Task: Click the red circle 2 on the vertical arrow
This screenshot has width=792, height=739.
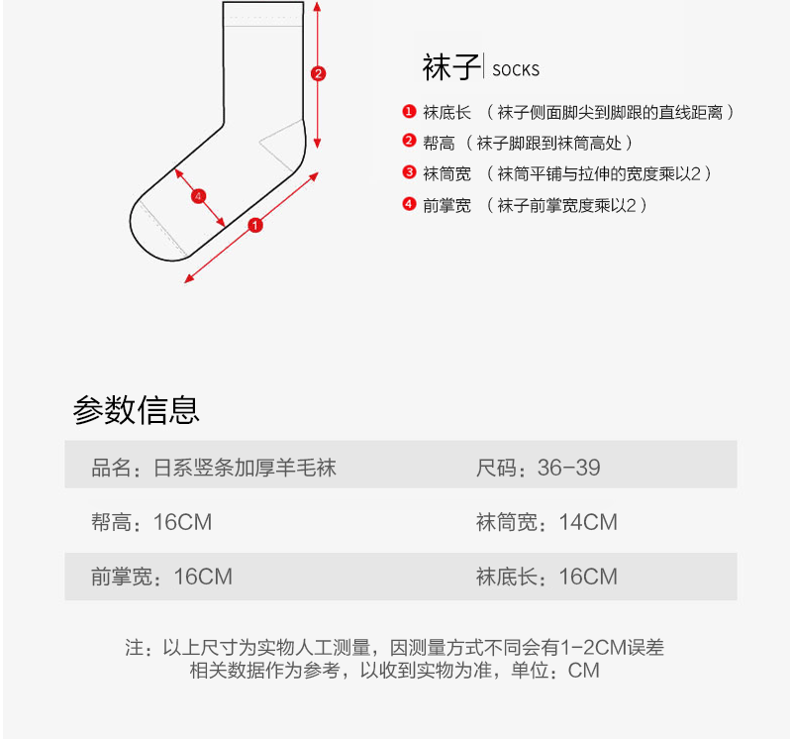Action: [x=318, y=73]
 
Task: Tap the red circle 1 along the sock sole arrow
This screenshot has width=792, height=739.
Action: [x=255, y=226]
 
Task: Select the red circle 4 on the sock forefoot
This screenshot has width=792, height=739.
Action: [x=199, y=196]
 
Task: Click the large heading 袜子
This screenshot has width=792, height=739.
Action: [x=450, y=68]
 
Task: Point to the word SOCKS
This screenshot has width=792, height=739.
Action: [x=516, y=70]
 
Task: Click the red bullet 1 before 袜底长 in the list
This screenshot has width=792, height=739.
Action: [x=408, y=112]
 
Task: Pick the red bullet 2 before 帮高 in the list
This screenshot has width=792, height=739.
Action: [x=408, y=142]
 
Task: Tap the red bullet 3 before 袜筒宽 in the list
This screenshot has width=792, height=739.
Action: [x=408, y=172]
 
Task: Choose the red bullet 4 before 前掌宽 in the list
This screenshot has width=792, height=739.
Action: [x=408, y=204]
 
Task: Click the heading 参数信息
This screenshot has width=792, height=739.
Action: [x=137, y=409]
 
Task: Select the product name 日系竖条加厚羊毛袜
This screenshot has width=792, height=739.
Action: [x=246, y=468]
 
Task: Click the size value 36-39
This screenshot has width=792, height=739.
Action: [x=568, y=468]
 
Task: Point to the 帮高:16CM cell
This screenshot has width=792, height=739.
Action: [x=151, y=522]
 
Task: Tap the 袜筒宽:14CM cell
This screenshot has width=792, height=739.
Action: [x=546, y=522]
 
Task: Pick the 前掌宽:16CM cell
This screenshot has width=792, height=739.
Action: [x=161, y=577]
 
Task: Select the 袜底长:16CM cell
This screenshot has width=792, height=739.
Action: [x=546, y=577]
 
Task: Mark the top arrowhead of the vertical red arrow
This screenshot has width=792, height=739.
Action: [x=317, y=6]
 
